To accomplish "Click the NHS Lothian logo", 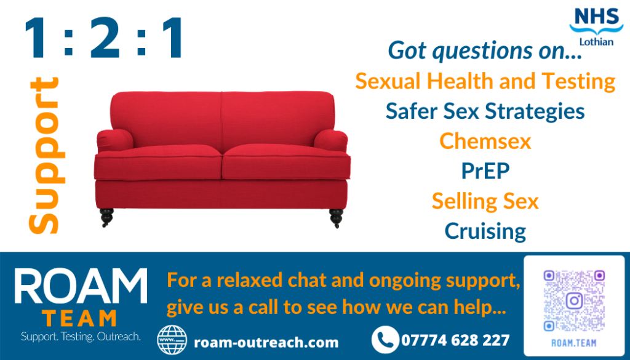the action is click(596, 26).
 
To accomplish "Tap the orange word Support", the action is click(44, 155).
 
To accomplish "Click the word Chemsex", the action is click(485, 141).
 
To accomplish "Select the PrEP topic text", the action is click(485, 170).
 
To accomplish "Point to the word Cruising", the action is click(485, 231).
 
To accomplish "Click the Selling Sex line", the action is click(485, 201).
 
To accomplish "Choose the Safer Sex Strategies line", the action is click(485, 111).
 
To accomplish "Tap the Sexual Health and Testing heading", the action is click(485, 81).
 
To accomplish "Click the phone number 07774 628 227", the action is click(455, 340).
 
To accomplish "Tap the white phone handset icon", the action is click(385, 340).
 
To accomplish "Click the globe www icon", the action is click(172, 340).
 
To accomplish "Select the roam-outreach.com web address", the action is click(266, 343).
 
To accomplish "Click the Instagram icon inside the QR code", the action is click(574, 300).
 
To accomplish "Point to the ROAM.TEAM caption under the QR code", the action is click(574, 343).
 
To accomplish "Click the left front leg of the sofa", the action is click(107, 217).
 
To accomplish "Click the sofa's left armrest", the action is click(115, 141).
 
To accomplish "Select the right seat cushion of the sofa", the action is click(286, 162).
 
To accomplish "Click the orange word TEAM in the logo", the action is click(79, 318).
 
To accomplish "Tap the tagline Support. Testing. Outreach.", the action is click(81, 336).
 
